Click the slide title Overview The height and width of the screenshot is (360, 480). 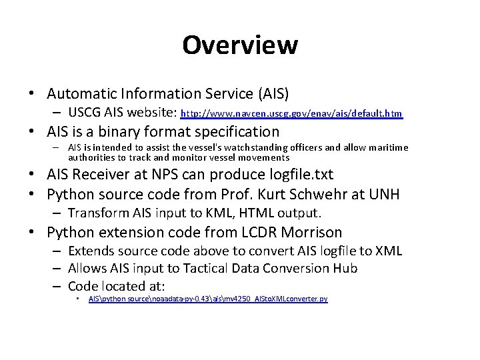239,45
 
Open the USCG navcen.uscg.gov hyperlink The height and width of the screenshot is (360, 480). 292,114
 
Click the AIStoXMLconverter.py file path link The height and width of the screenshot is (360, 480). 208,299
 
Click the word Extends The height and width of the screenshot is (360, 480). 91,251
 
